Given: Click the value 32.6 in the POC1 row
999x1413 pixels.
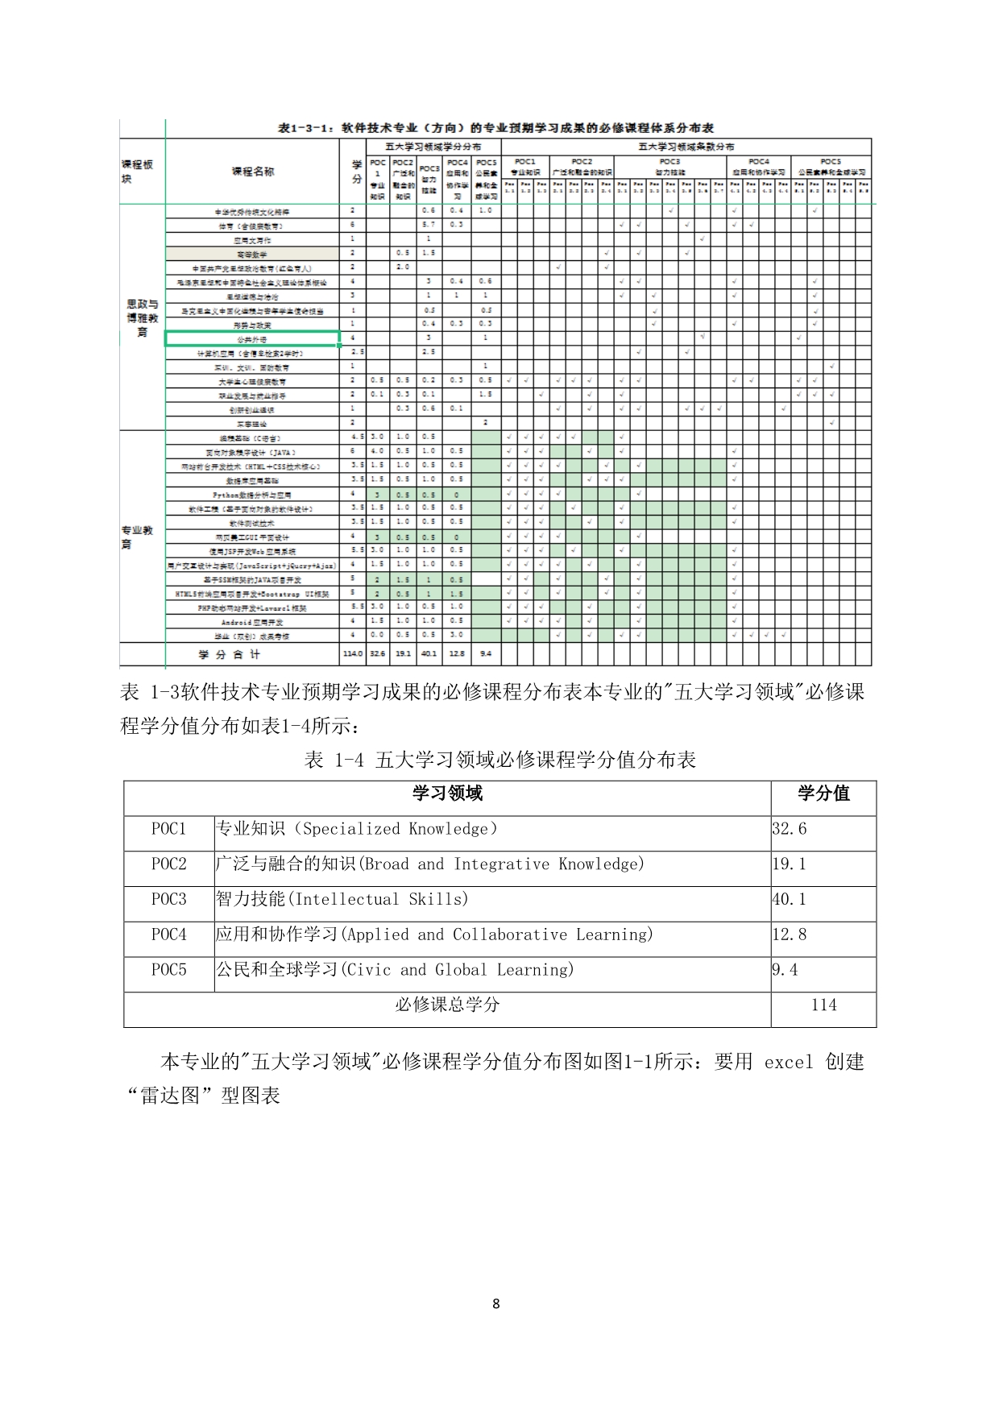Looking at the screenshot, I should tap(790, 829).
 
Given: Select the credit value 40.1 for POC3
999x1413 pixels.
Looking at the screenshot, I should tap(790, 899).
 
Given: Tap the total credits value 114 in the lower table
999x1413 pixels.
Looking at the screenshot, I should tap(823, 1005).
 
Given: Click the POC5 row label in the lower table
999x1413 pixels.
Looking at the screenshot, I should tap(168, 970).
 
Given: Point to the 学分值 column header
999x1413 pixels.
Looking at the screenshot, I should tap(823, 794).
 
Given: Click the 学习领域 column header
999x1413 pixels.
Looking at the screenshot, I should tap(447, 794).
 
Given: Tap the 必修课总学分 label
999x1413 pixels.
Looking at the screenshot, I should tap(447, 1005).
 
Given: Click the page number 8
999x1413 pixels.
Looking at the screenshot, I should tap(495, 1303).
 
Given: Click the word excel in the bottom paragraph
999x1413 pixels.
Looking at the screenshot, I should tap(789, 1062).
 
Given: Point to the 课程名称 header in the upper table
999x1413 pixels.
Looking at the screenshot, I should tap(252, 172).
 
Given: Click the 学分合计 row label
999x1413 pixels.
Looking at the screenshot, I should tap(230, 654).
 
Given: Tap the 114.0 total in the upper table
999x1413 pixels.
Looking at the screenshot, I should tap(353, 654).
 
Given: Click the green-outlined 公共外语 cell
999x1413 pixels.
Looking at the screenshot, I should tap(252, 339).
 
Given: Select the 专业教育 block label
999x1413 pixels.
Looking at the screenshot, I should tap(137, 537).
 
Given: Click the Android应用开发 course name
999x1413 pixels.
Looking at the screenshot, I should tap(252, 622).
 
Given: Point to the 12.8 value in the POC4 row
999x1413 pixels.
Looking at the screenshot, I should tap(790, 934).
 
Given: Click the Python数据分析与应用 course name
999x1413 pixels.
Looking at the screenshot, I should tap(252, 495).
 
